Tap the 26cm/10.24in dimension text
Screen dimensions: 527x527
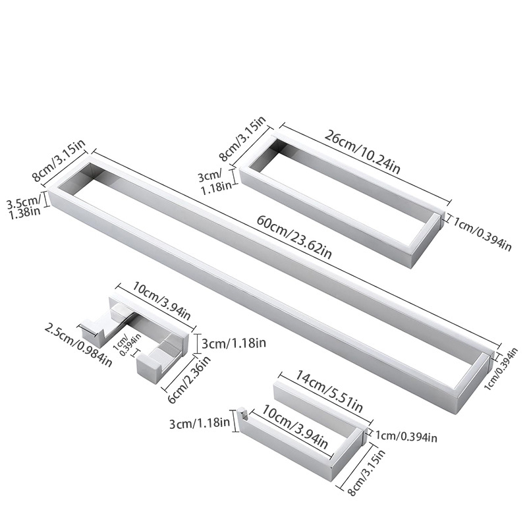point(362,152)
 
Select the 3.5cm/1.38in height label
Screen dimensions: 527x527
point(24,208)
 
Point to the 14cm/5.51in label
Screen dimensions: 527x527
point(328,391)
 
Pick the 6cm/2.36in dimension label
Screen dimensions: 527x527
point(189,379)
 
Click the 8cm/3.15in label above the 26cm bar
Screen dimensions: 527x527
point(242,139)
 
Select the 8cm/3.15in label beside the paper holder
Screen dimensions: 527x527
point(366,472)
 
